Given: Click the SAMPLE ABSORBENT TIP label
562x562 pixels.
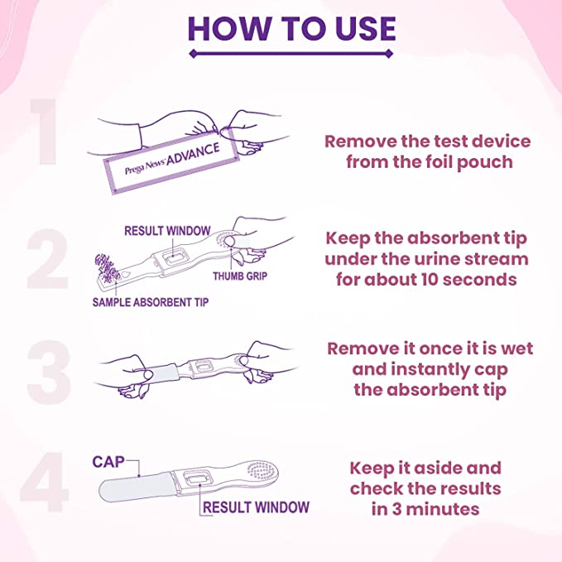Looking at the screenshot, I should pos(150,302).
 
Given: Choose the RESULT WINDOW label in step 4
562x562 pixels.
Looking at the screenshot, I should pos(256,507).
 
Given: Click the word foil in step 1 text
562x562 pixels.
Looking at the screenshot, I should pos(429,162).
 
